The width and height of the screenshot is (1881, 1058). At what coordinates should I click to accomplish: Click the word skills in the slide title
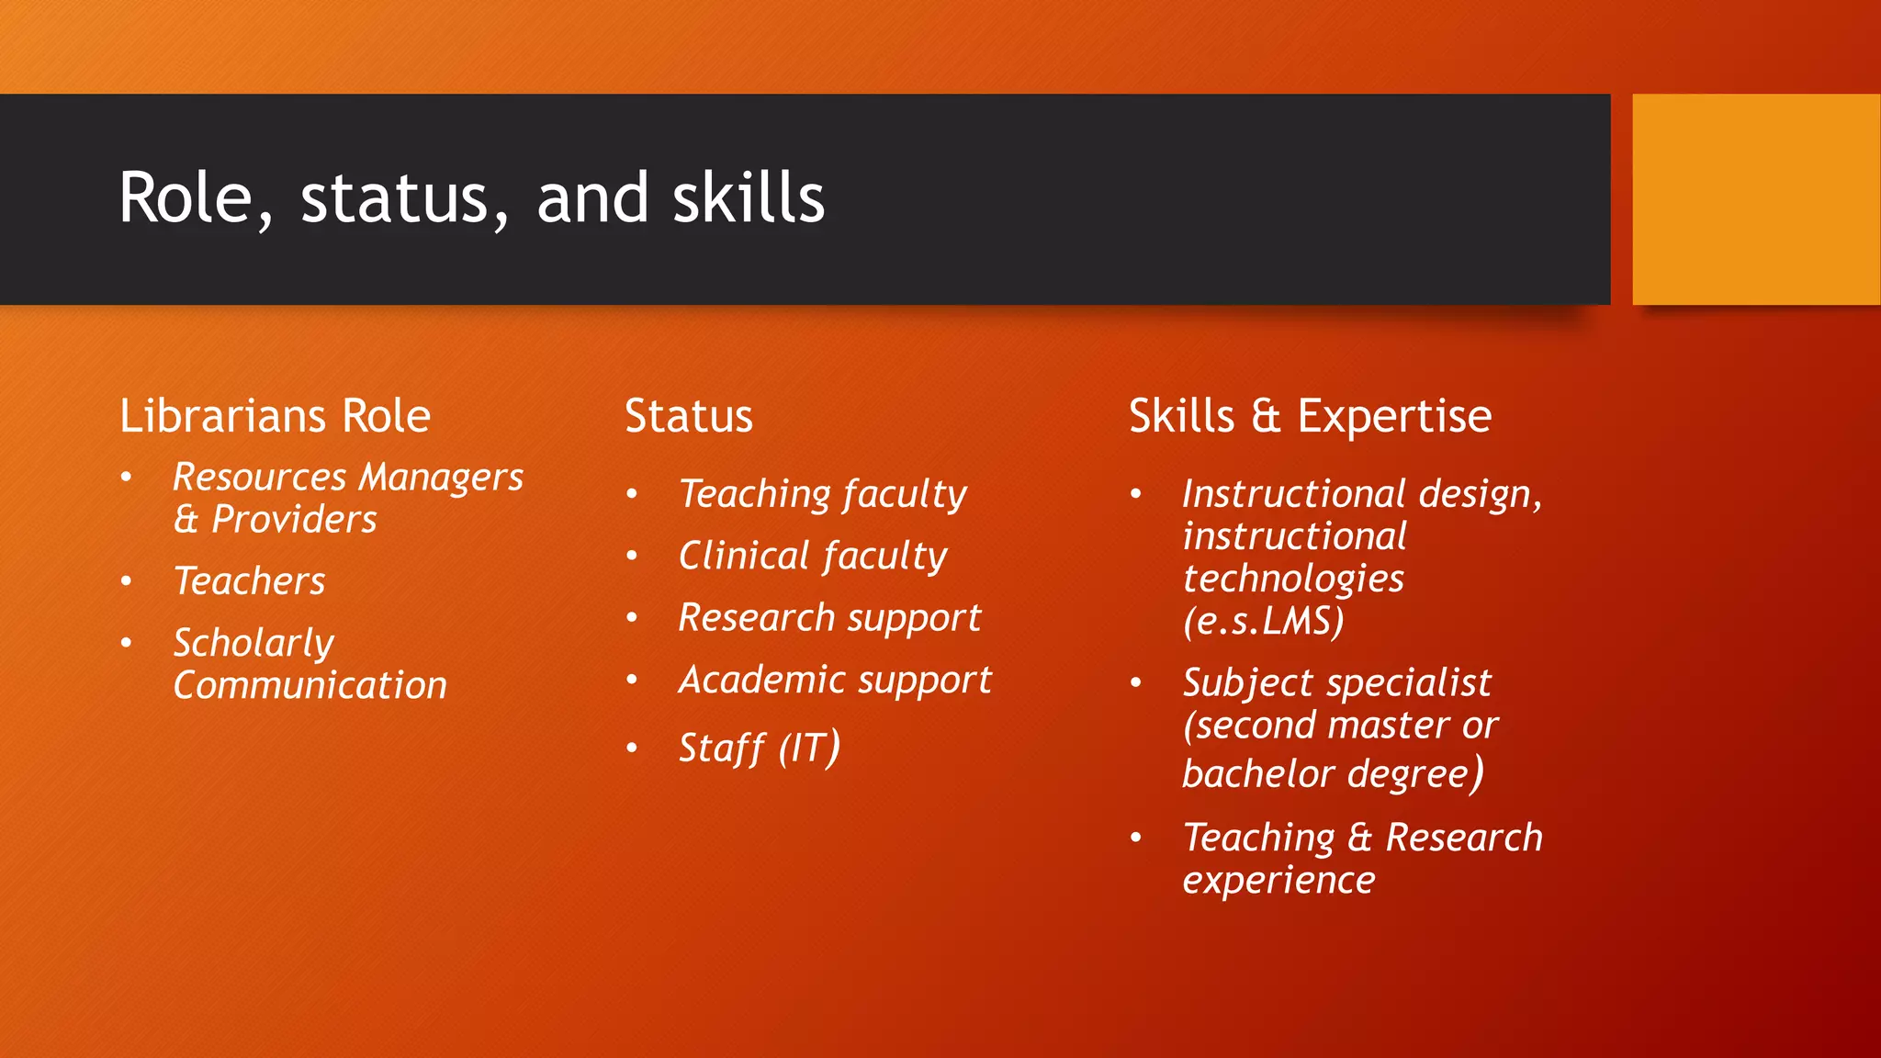coord(748,198)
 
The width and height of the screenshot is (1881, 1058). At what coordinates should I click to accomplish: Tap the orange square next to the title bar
coord(1755,199)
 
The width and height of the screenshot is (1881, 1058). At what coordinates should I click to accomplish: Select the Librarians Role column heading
coord(275,416)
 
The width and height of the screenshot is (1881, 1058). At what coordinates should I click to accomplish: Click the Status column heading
coord(689,416)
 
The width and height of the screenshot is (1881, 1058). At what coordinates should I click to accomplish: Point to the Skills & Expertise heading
coord(1310,416)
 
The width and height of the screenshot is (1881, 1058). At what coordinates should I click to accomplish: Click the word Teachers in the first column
coord(250,581)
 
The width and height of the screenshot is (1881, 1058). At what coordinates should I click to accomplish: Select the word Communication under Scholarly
coord(310,685)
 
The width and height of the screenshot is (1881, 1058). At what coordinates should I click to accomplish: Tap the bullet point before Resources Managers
coord(127,477)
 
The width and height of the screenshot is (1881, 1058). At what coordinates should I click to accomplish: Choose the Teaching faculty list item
coord(822,494)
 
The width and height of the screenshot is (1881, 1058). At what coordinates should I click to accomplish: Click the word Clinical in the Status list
coord(744,556)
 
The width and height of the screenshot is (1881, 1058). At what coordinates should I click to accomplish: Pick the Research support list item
coord(829,618)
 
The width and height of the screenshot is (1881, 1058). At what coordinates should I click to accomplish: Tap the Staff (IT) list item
coord(759,748)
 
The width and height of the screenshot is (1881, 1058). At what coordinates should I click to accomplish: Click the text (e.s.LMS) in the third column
coord(1264,622)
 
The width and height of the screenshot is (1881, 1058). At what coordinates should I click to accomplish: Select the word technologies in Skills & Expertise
coord(1293,580)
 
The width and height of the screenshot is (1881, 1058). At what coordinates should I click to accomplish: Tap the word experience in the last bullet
coord(1278,881)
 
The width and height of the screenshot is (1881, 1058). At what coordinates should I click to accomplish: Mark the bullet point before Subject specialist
coord(1136,683)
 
